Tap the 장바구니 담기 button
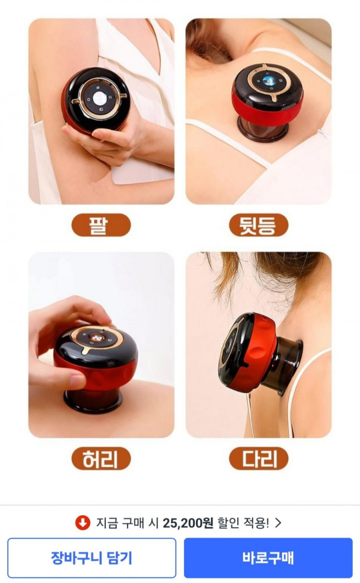pos(92,558)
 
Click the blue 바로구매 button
pos(268,558)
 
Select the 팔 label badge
pos(101,225)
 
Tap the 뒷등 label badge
pos(259,225)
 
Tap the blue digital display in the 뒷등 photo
pos(269,81)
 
